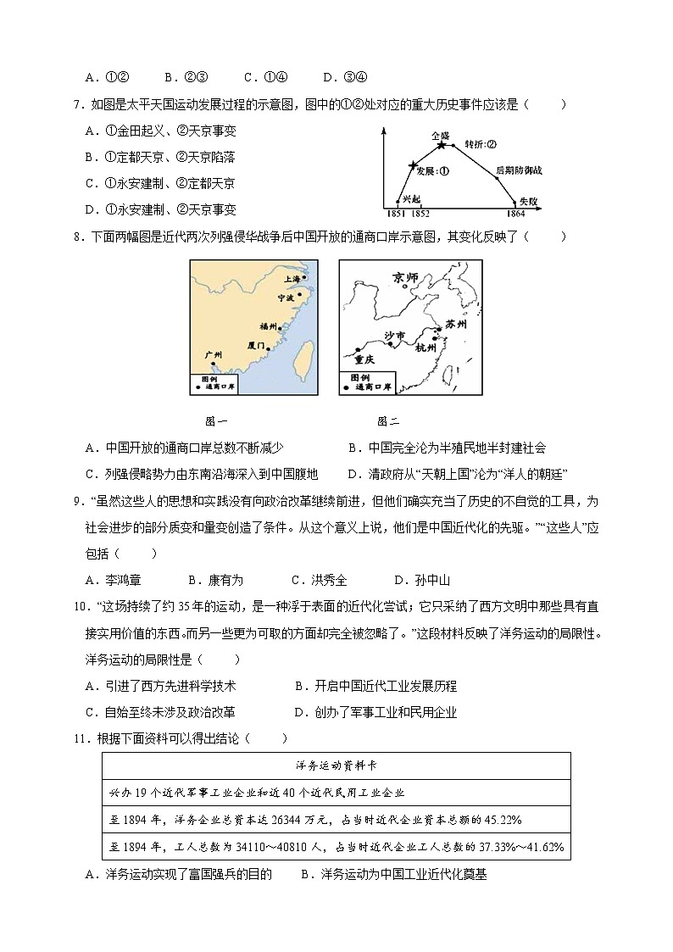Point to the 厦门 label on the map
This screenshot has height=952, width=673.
click(258, 346)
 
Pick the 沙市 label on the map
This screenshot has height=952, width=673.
click(395, 337)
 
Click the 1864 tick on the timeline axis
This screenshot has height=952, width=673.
click(516, 214)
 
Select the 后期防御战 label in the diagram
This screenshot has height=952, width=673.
click(519, 170)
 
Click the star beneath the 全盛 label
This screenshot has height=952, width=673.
click(441, 146)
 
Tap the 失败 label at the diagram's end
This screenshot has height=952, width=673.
click(529, 200)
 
